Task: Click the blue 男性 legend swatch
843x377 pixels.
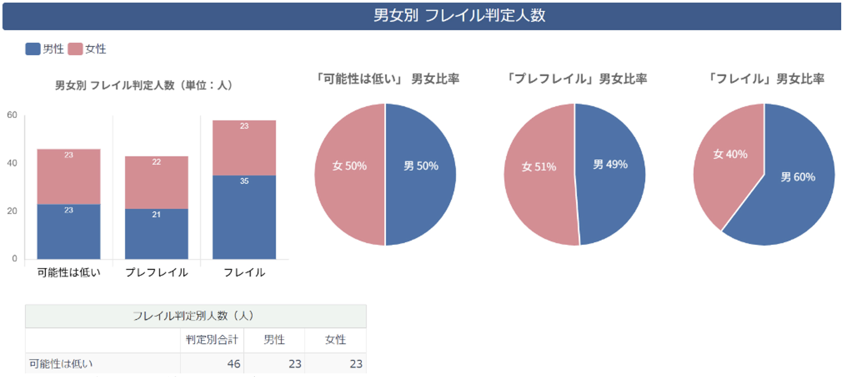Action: click(x=33, y=49)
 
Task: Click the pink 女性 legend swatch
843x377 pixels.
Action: click(x=75, y=49)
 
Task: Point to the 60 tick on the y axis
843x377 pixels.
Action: click(x=12, y=115)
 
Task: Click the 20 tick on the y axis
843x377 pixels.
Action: click(x=12, y=211)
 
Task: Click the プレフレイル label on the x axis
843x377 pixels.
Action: click(x=156, y=272)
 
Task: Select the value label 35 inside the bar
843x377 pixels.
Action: click(x=244, y=181)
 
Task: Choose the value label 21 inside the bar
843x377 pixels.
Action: click(x=156, y=215)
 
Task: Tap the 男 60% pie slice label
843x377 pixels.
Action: click(x=798, y=177)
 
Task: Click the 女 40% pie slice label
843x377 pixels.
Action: click(x=730, y=154)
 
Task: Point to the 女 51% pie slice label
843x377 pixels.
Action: click(x=539, y=167)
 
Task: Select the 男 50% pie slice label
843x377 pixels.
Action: click(x=421, y=166)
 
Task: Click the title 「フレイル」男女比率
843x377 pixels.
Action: click(x=765, y=79)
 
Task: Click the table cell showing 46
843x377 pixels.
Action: click(x=233, y=363)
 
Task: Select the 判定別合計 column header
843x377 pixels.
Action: click(x=212, y=340)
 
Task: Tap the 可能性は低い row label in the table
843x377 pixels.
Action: click(x=61, y=363)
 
